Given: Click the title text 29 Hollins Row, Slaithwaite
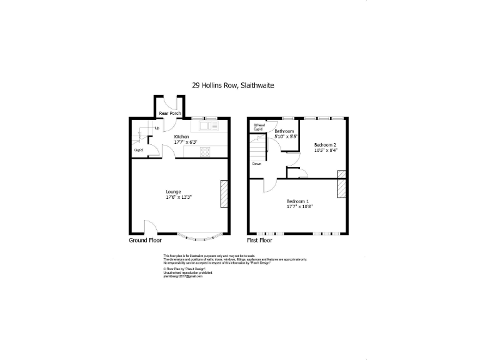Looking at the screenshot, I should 232,86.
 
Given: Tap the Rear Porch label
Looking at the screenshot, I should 170,113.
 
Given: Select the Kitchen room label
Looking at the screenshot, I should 181,136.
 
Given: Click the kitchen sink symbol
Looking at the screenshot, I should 207,126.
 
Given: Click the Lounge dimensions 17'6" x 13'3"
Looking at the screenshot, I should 178,197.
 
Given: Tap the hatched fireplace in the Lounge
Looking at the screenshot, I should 223,193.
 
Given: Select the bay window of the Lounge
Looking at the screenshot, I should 199,236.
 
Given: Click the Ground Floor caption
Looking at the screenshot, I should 145,240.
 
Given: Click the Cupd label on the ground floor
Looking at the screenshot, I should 137,150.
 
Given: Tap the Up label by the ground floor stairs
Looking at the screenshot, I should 156,128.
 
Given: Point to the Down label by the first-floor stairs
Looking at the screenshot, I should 257,164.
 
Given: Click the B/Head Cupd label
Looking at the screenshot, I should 259,127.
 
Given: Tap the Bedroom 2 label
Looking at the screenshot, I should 326,144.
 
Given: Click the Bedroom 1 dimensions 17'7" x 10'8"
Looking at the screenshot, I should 299,206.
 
